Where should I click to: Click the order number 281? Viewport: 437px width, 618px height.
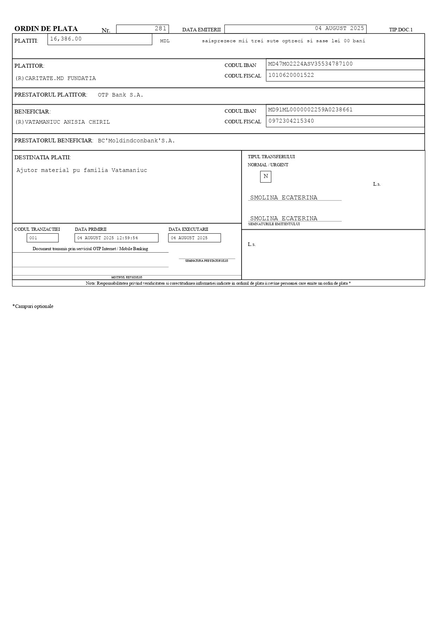coord(160,29)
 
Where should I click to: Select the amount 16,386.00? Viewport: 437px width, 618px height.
coord(66,39)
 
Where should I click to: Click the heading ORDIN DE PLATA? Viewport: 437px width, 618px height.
coord(46,29)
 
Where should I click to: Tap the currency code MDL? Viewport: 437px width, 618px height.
coord(165,41)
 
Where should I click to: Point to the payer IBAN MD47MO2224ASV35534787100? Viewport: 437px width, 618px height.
coord(310,64)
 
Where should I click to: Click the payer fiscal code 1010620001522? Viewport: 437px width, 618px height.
coord(291,75)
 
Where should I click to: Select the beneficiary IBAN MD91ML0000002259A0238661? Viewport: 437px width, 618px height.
coord(310,110)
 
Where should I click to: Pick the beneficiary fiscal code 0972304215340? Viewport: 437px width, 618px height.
coord(291,121)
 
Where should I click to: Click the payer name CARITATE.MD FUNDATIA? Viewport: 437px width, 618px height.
coord(60,78)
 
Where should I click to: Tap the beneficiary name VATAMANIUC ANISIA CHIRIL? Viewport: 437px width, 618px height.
coord(67,122)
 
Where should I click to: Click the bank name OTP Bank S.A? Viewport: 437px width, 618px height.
coord(120,95)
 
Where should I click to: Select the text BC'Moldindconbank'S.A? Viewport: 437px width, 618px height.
coord(136,141)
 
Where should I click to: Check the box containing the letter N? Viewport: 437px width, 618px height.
coord(266,176)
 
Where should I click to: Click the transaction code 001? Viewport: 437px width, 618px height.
coord(33,238)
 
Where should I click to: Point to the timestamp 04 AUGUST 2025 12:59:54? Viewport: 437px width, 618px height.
coord(107,238)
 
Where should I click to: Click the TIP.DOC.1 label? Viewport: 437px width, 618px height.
coord(400,30)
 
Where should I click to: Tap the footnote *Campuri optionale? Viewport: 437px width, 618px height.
coord(33,306)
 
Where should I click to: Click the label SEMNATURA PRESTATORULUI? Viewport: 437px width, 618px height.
coord(207,261)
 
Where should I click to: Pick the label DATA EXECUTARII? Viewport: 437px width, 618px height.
coord(188,229)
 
